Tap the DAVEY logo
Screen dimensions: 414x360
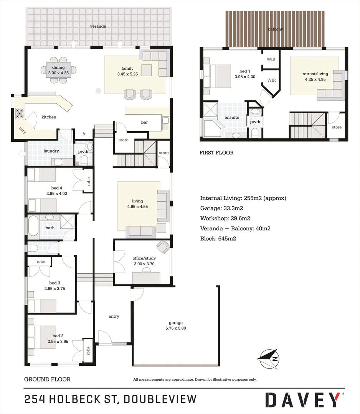[x=304, y=399]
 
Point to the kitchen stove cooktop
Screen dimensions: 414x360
[x=20, y=113]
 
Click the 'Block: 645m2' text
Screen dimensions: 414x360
[x=218, y=238]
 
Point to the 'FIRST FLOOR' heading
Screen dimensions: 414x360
[x=216, y=153]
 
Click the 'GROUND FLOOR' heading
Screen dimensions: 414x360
[x=47, y=379]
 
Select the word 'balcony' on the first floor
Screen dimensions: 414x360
[x=275, y=29]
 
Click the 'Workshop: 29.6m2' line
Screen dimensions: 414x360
[x=225, y=219]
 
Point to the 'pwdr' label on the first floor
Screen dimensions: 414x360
[x=255, y=122]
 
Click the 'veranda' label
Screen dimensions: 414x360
[x=98, y=26]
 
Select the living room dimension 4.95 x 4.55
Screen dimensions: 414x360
[x=137, y=207]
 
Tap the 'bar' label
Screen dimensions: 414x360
[x=144, y=122]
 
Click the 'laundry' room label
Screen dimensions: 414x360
[x=51, y=151]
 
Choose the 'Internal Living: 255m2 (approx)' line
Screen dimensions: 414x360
[x=243, y=198]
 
